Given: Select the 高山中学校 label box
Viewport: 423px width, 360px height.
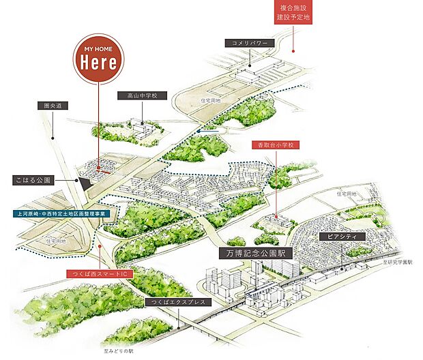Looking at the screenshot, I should coord(137,96).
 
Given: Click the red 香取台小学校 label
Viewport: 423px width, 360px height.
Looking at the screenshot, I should coord(274,145).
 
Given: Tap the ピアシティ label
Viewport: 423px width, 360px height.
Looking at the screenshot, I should coord(341,237).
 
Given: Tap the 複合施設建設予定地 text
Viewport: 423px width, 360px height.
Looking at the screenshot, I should coord(294,12).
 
